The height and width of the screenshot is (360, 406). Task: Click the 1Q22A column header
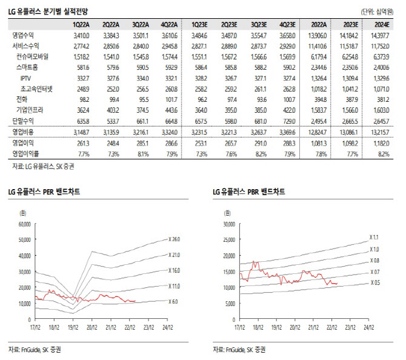(x=81, y=24)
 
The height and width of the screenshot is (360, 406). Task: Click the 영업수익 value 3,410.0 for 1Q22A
(x=81, y=36)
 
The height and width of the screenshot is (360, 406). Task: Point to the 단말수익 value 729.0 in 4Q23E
(x=288, y=120)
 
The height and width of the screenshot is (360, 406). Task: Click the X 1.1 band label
(x=376, y=237)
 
